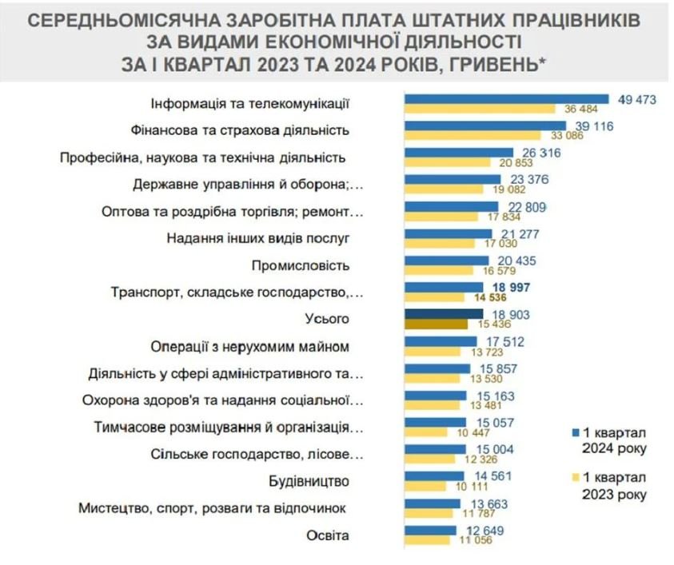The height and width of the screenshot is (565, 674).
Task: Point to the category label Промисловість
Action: coord(301,265)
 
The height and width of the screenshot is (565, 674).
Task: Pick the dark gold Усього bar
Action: coord(437,324)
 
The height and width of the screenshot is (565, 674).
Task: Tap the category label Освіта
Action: coord(328,535)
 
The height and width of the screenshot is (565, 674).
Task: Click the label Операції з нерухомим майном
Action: coord(250,347)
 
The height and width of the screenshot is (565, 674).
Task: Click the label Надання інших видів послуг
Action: coord(258,238)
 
